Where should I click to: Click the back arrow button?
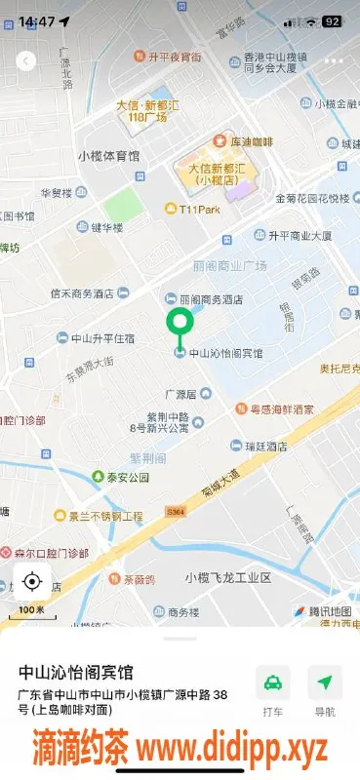[x=26, y=60]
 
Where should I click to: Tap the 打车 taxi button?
[x=273, y=690]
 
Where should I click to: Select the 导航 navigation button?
[x=325, y=690]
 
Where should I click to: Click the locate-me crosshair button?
[x=30, y=582]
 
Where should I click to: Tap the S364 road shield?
[x=176, y=511]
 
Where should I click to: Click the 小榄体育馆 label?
[x=109, y=156]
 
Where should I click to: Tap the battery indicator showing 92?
[x=332, y=20]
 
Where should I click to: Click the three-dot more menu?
[x=335, y=60]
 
